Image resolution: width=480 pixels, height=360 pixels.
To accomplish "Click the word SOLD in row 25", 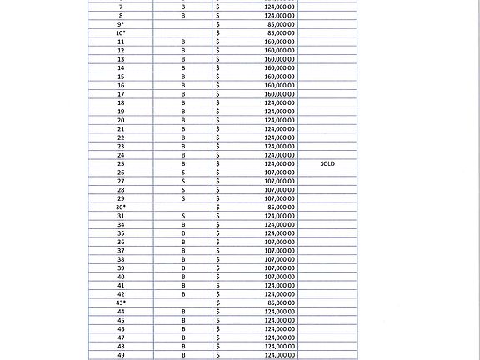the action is coord(327,164).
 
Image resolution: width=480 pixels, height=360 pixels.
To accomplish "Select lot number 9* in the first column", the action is coord(121,25).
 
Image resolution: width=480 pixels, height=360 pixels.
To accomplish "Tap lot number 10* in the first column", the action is coord(121,33).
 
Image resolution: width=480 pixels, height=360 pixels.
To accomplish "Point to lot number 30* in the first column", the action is coord(121,207).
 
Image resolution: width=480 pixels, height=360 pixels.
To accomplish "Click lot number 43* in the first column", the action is coord(121,302).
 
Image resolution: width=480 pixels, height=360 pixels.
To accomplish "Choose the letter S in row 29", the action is coord(183,198).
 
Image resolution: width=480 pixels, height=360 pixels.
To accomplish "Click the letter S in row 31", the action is coord(183,216).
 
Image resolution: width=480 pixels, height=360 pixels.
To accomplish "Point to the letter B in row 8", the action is coord(183,16).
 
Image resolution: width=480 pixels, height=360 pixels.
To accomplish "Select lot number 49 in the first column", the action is coord(121,355).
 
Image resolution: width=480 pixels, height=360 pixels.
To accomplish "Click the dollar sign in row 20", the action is coord(218,120).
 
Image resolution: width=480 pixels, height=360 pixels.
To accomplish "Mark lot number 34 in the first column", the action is coord(121,225).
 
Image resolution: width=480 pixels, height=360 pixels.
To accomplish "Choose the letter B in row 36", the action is coord(183,242).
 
